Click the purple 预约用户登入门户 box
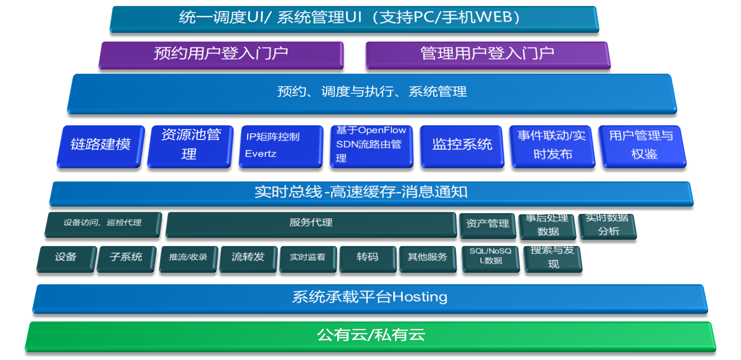221,55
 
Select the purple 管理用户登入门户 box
488,55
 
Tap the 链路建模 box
101,146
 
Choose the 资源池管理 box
190,146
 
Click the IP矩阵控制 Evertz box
281,146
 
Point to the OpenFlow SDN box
372,146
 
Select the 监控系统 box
462,146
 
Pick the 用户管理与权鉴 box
643,146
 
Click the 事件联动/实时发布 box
553,146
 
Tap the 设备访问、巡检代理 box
103,224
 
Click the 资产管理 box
488,226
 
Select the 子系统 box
126,259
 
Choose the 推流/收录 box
188,259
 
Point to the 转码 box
368,259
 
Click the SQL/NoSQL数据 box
490,259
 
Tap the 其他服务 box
427,259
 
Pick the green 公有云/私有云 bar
370,337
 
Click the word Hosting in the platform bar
420,297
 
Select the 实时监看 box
308,259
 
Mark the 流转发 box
248,259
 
